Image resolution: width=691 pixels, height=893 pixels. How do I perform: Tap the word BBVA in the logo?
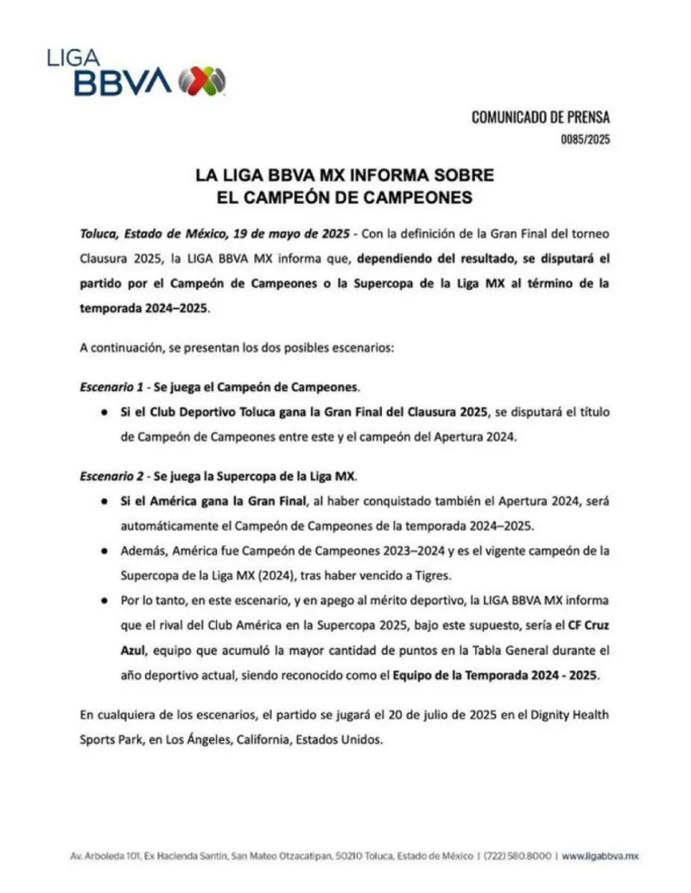tap(123, 82)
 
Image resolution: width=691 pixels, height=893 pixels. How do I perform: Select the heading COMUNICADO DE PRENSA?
tap(540, 117)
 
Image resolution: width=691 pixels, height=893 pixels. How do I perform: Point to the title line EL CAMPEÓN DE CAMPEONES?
tap(345, 197)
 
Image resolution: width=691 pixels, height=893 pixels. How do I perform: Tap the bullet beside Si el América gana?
tap(104, 502)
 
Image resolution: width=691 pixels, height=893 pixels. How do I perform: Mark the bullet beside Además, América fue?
tap(104, 550)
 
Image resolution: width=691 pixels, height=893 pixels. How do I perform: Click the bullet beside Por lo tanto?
tap(104, 598)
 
